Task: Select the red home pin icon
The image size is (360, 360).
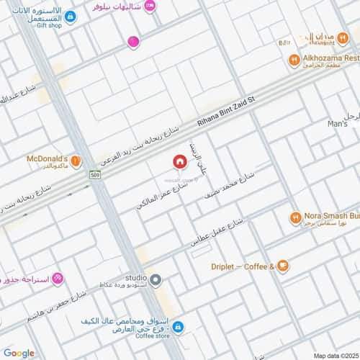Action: point(177,163)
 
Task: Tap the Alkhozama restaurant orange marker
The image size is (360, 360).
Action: point(294,60)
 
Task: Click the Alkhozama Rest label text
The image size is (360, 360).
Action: point(330,57)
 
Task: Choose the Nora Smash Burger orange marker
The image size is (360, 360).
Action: point(295,217)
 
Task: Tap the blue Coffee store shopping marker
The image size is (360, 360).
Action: point(178,328)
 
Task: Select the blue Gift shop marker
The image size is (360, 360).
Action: point(69,15)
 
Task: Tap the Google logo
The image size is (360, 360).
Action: point(19,352)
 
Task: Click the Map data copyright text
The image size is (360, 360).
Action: point(333,355)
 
